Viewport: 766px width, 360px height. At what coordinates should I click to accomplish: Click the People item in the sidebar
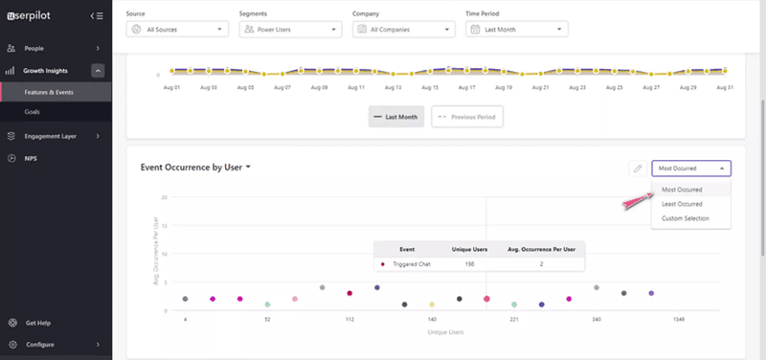tap(34, 48)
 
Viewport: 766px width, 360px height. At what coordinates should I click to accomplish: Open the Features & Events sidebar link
tap(50, 92)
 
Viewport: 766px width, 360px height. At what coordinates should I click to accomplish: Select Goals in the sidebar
tap(33, 112)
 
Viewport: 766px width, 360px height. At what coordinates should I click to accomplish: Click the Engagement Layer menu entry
tap(50, 136)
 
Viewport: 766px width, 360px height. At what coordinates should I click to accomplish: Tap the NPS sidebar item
tap(32, 158)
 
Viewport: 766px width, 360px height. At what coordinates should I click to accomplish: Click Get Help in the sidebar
tap(39, 323)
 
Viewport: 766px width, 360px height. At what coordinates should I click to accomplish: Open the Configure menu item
tap(40, 345)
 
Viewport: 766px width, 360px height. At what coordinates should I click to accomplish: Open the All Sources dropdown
tap(177, 30)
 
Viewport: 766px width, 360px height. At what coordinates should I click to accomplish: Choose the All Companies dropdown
tap(403, 30)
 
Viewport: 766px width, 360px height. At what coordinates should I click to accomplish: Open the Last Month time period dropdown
tap(516, 30)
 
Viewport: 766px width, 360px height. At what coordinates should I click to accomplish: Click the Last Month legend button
tap(395, 116)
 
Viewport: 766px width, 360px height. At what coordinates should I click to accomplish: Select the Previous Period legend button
tap(466, 116)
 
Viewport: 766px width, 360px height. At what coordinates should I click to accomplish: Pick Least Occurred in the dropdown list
tap(682, 204)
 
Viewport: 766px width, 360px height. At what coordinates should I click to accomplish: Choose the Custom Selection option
tap(686, 218)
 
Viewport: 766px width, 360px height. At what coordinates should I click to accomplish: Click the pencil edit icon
tap(637, 169)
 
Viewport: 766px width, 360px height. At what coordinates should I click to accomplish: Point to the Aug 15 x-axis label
tap(430, 87)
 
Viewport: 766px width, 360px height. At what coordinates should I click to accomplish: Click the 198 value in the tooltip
tap(468, 263)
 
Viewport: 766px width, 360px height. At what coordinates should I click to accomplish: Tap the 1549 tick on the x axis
tap(651, 319)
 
